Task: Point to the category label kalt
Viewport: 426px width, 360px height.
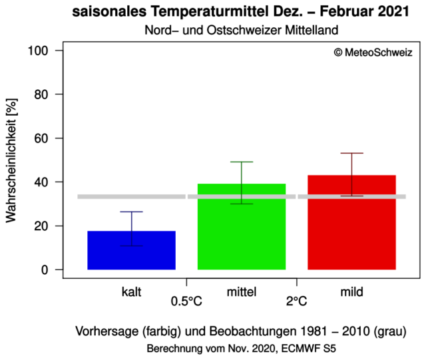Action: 132,292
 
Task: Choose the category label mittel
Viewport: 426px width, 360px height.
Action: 242,292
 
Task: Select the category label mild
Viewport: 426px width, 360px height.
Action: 351,292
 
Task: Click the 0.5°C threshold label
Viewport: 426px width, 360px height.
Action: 186,301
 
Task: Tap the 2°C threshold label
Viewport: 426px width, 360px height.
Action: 297,301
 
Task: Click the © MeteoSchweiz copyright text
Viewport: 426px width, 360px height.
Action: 373,53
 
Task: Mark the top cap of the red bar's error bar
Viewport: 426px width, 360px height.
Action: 351,153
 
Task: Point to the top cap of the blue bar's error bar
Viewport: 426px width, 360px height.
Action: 131,212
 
